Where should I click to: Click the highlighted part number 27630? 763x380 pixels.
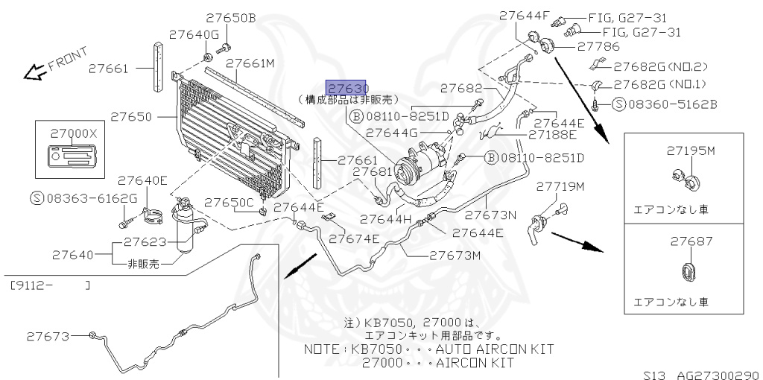[346, 88]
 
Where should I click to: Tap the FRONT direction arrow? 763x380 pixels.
[34, 72]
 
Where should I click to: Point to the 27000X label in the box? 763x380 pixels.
[73, 133]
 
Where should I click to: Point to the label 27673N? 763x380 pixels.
[490, 215]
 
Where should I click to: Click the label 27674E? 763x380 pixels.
[354, 238]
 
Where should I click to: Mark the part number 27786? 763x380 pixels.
[598, 46]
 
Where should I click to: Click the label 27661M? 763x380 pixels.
[250, 63]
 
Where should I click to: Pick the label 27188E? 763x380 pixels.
[552, 135]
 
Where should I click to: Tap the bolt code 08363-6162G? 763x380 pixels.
[91, 197]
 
